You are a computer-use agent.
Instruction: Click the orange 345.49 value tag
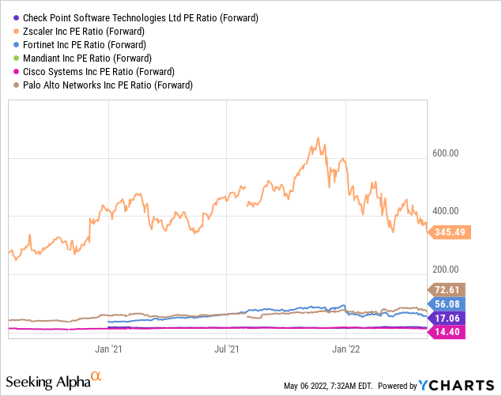[x=450, y=232]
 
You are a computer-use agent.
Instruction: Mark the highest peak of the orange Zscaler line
[x=318, y=138]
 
